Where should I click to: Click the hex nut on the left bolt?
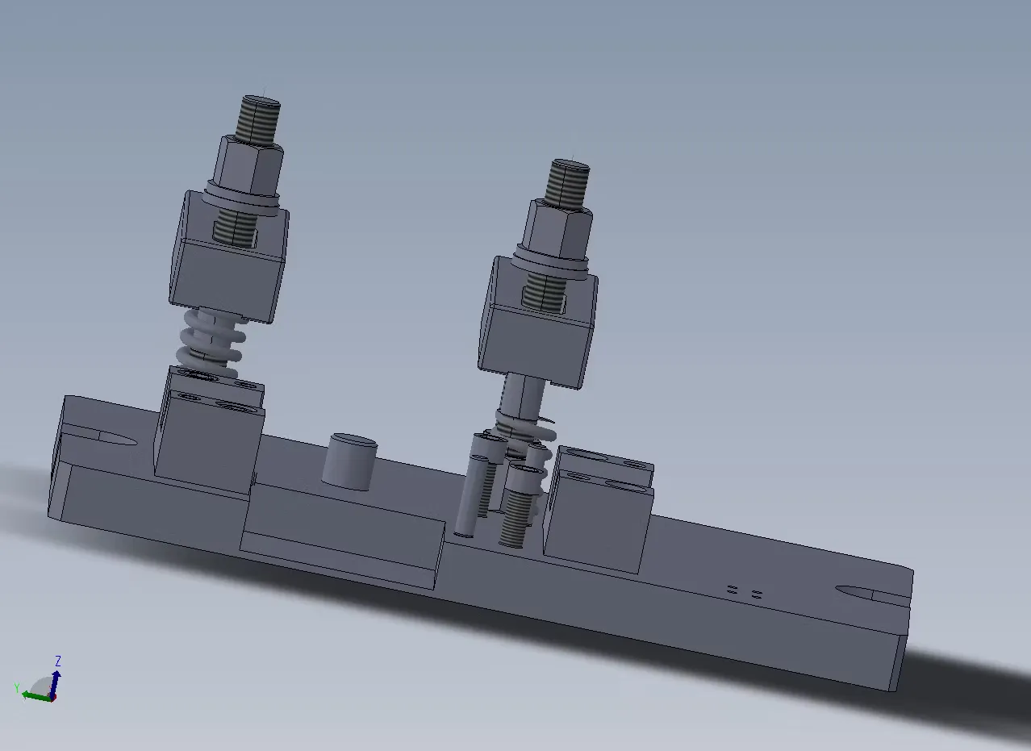248,165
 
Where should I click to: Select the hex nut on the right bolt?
557,230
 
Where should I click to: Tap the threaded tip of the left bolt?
258,118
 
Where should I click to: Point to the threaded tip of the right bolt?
567,182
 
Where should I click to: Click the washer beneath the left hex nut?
242,199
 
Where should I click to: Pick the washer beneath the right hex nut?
551,264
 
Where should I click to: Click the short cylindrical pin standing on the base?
350,461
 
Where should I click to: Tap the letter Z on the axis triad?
58,661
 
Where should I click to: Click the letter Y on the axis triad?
17,688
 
